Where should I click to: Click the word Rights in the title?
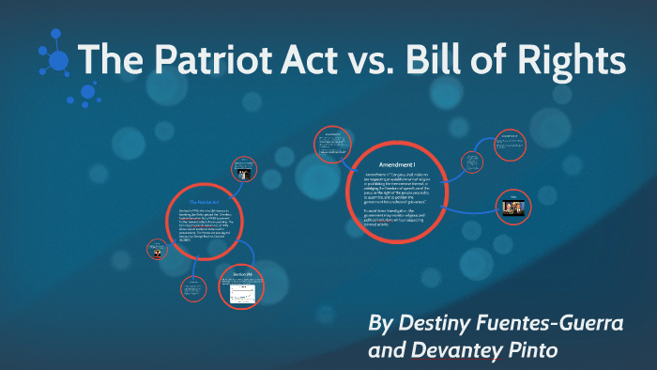tap(575, 61)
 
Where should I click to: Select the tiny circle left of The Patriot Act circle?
tap(156, 251)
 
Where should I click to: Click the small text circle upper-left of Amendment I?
tap(331, 146)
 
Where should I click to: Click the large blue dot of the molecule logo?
tap(59, 61)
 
